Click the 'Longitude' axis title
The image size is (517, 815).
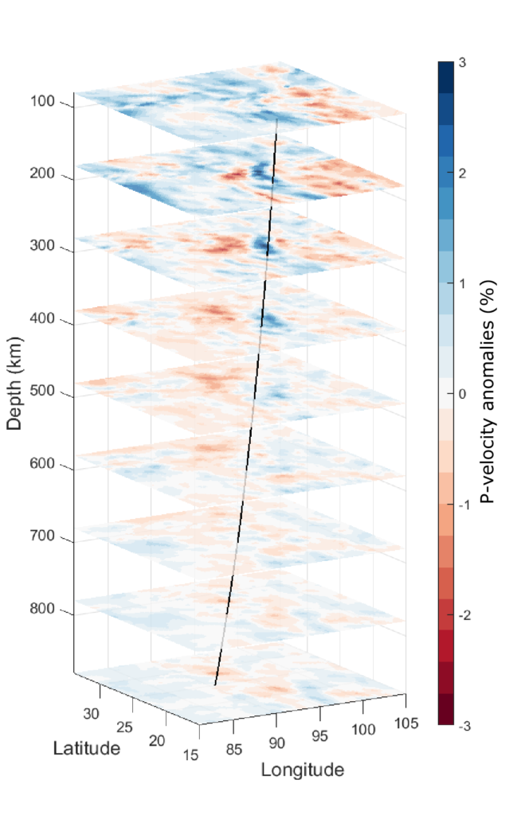pyautogui.click(x=302, y=770)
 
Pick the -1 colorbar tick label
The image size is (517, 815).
pyautogui.click(x=465, y=505)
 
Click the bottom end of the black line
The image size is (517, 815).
pyautogui.click(x=215, y=684)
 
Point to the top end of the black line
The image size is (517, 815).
pyautogui.click(x=276, y=119)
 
